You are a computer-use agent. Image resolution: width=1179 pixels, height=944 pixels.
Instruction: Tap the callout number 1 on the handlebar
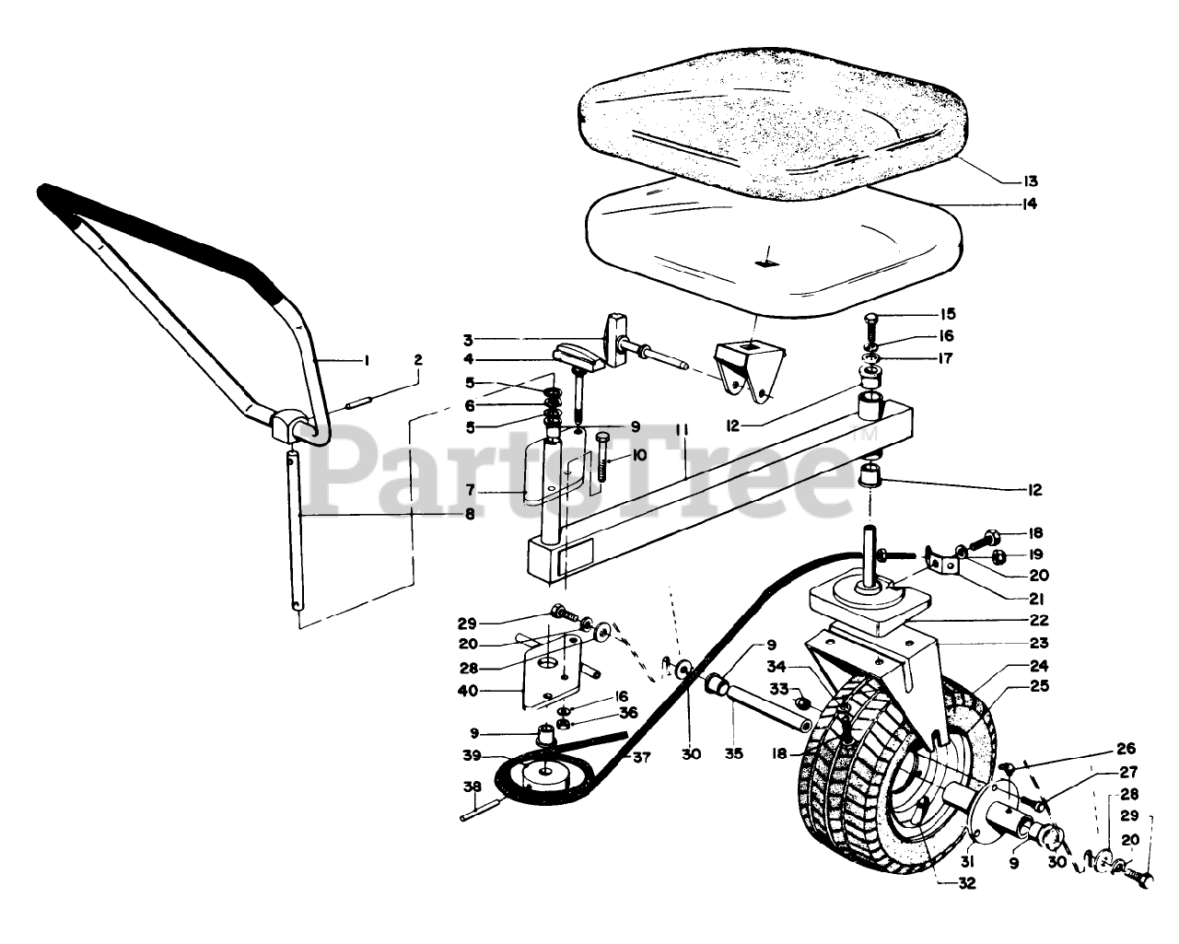[x=366, y=361]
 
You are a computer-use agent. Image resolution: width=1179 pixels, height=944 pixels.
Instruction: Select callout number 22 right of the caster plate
[x=1039, y=621]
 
